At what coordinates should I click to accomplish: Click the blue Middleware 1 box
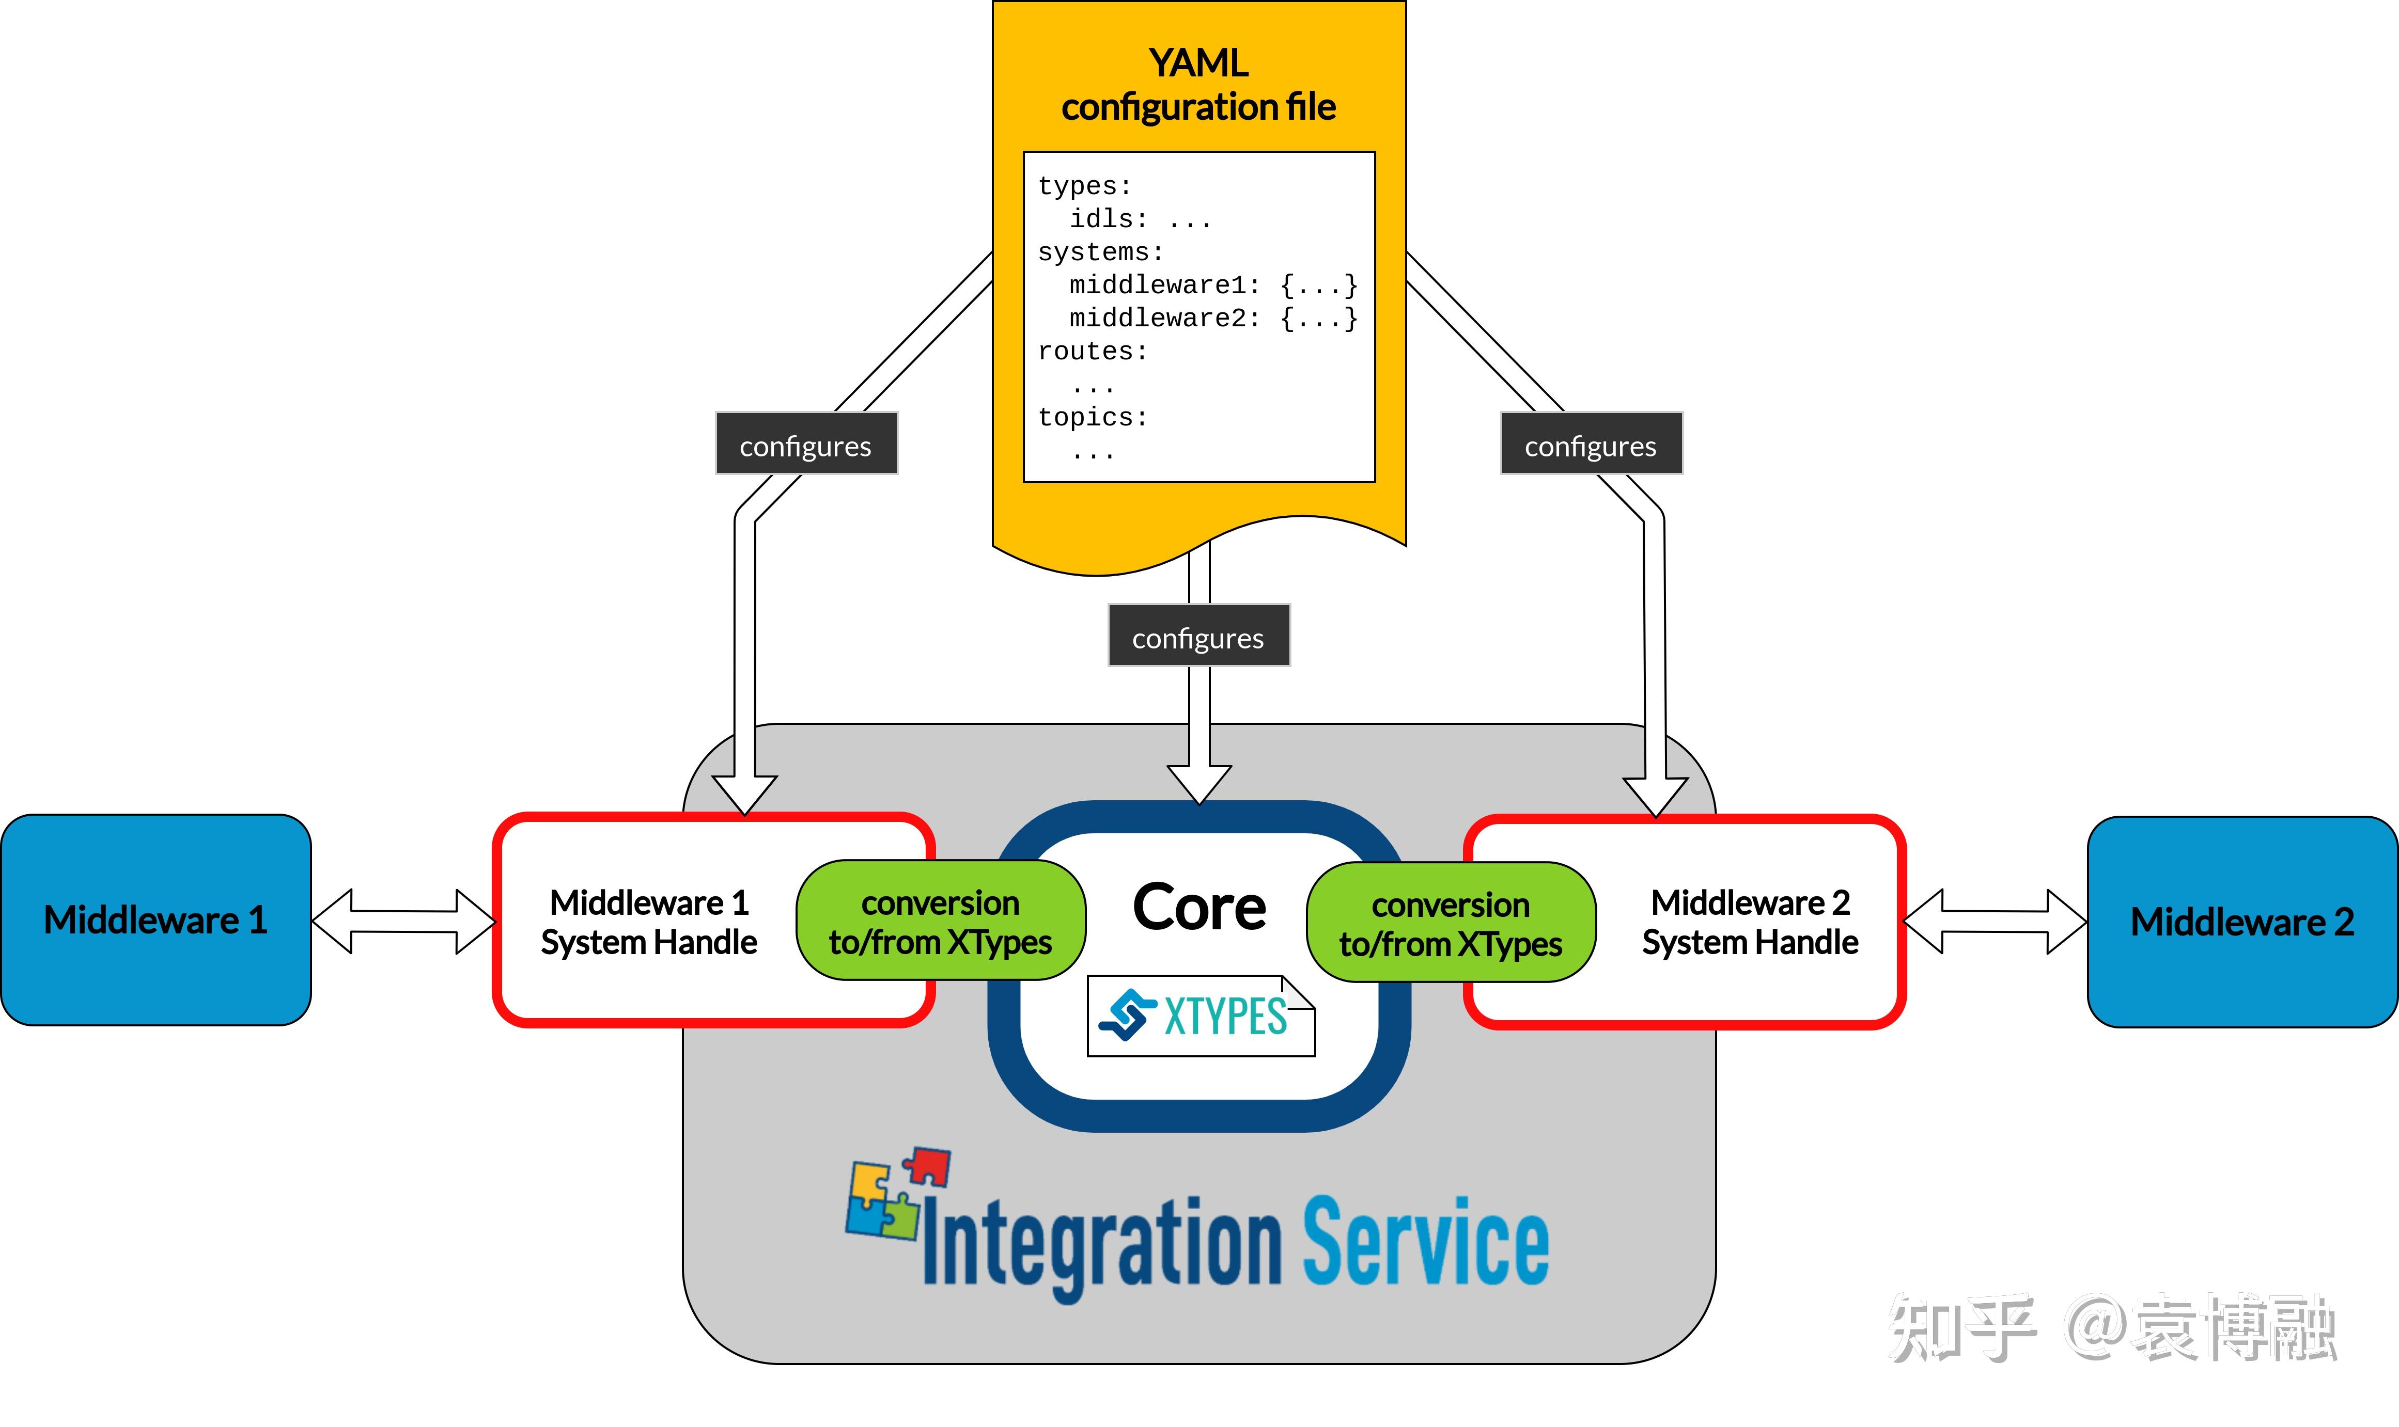point(156,920)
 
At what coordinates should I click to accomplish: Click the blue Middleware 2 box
point(2242,922)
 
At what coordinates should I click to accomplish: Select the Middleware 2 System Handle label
point(1750,922)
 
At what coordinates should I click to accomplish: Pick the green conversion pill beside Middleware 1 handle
point(941,920)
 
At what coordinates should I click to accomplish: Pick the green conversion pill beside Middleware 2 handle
point(1451,922)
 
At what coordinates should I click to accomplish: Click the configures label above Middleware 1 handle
point(806,443)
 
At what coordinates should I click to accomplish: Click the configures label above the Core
point(1198,636)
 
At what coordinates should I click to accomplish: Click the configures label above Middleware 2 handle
point(1591,443)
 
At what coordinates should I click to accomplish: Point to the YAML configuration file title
point(1198,85)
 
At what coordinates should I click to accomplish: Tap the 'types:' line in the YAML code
point(1085,185)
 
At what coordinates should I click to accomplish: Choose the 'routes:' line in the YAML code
point(1093,351)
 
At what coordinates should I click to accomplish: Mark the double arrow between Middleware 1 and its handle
point(404,921)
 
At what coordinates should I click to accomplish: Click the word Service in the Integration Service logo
point(1426,1242)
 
